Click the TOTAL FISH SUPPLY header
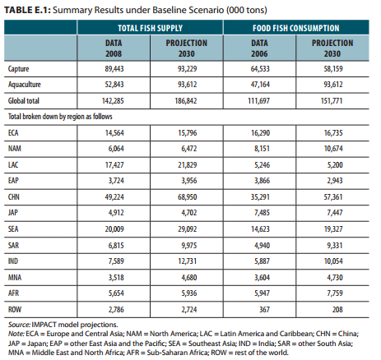[x=150, y=28]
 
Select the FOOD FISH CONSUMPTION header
[x=296, y=28]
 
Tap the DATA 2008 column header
[x=114, y=48]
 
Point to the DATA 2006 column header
[x=259, y=48]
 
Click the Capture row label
[x=18, y=68]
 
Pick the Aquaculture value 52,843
[x=114, y=84]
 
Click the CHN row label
[x=14, y=196]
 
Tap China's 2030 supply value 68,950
[x=187, y=196]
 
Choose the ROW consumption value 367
[x=264, y=309]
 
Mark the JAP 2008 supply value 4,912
[x=116, y=212]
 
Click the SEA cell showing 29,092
[x=187, y=228]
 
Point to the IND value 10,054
[x=333, y=261]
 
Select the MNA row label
[x=15, y=277]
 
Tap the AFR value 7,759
[x=335, y=293]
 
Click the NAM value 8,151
[x=262, y=148]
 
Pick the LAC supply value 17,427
[x=114, y=164]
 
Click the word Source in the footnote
[x=19, y=325]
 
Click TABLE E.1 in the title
[x=27, y=10]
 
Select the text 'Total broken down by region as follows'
[x=60, y=117]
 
